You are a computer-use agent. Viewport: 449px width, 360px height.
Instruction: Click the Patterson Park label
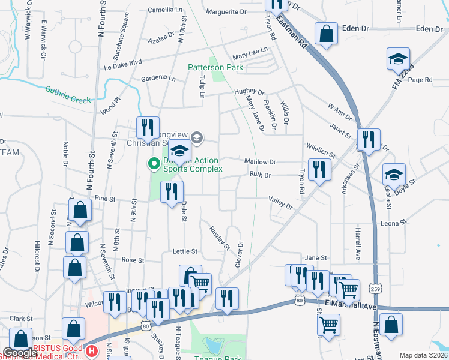pos(215,68)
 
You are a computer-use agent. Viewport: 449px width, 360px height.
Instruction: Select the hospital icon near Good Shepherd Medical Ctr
pos(91,350)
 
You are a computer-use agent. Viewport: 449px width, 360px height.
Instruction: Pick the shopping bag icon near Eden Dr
pos(326,35)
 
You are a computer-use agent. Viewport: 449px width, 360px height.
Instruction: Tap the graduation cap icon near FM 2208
pos(398,59)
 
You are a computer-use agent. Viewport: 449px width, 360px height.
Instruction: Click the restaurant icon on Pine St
pos(172,191)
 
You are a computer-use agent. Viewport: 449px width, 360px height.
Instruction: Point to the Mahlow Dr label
pos(260,162)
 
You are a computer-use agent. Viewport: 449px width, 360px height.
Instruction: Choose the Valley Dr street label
pos(280,203)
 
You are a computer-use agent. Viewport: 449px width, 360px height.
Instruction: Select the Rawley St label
pos(220,237)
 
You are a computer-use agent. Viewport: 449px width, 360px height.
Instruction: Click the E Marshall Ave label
pos(351,307)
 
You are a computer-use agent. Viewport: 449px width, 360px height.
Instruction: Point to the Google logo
pos(19,353)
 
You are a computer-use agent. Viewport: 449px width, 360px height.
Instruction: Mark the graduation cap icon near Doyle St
pos(394,174)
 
